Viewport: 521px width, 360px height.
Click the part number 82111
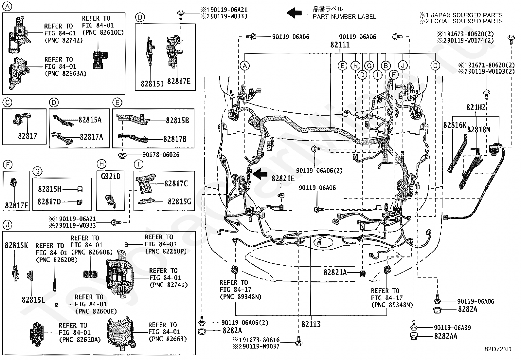pyautogui.click(x=340, y=45)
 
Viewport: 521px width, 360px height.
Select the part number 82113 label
pyautogui.click(x=311, y=324)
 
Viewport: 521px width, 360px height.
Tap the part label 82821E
pyautogui.click(x=283, y=179)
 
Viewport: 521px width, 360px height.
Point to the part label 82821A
pyautogui.click(x=335, y=272)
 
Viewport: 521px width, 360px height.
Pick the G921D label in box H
pyautogui.click(x=110, y=177)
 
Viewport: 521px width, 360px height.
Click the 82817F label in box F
pyautogui.click(x=16, y=206)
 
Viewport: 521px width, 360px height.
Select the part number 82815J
pyautogui.click(x=152, y=84)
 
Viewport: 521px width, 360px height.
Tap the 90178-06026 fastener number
pyautogui.click(x=161, y=155)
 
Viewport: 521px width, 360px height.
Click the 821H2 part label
pyautogui.click(x=476, y=108)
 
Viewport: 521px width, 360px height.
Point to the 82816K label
pyautogui.click(x=455, y=125)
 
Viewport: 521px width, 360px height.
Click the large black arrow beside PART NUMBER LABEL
pyautogui.click(x=294, y=13)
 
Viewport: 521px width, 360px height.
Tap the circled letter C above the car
pyautogui.click(x=435, y=66)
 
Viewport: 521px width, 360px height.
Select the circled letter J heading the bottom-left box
pyautogui.click(x=7, y=225)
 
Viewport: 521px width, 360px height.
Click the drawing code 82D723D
pyautogui.click(x=498, y=349)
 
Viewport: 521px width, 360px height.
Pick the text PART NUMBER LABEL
pyautogui.click(x=344, y=16)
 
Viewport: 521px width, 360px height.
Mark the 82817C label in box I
pyautogui.click(x=176, y=184)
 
